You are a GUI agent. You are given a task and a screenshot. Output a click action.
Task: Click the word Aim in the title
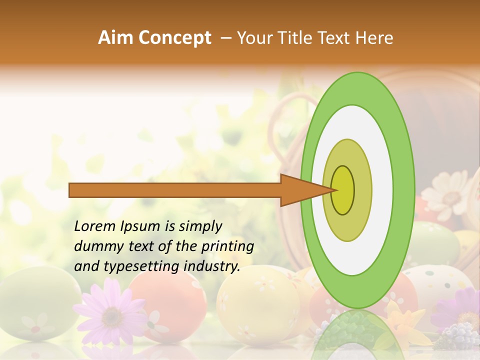coord(114,38)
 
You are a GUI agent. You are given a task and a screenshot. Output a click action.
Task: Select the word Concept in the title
coord(174,38)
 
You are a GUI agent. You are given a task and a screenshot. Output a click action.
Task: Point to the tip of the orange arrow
coord(334,190)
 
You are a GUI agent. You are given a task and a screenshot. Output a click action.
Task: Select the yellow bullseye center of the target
coord(342,190)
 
